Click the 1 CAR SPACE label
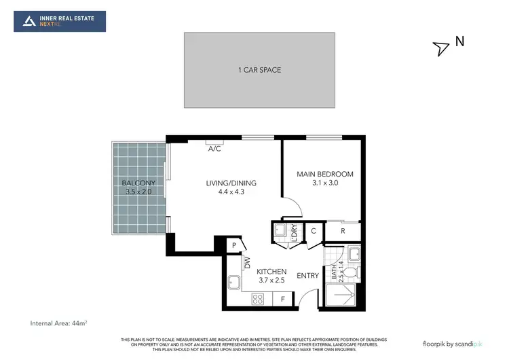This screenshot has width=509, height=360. point(260,70)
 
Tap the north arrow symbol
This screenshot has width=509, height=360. point(441,48)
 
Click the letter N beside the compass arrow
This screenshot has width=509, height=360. point(459,41)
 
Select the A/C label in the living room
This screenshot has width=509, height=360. point(214,148)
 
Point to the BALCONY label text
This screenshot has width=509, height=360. point(138,183)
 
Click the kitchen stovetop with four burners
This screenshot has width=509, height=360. point(258,298)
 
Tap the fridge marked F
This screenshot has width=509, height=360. point(282,298)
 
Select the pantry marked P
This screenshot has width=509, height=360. point(233,245)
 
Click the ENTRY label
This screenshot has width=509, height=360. point(308,275)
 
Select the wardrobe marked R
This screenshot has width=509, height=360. point(343,231)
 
